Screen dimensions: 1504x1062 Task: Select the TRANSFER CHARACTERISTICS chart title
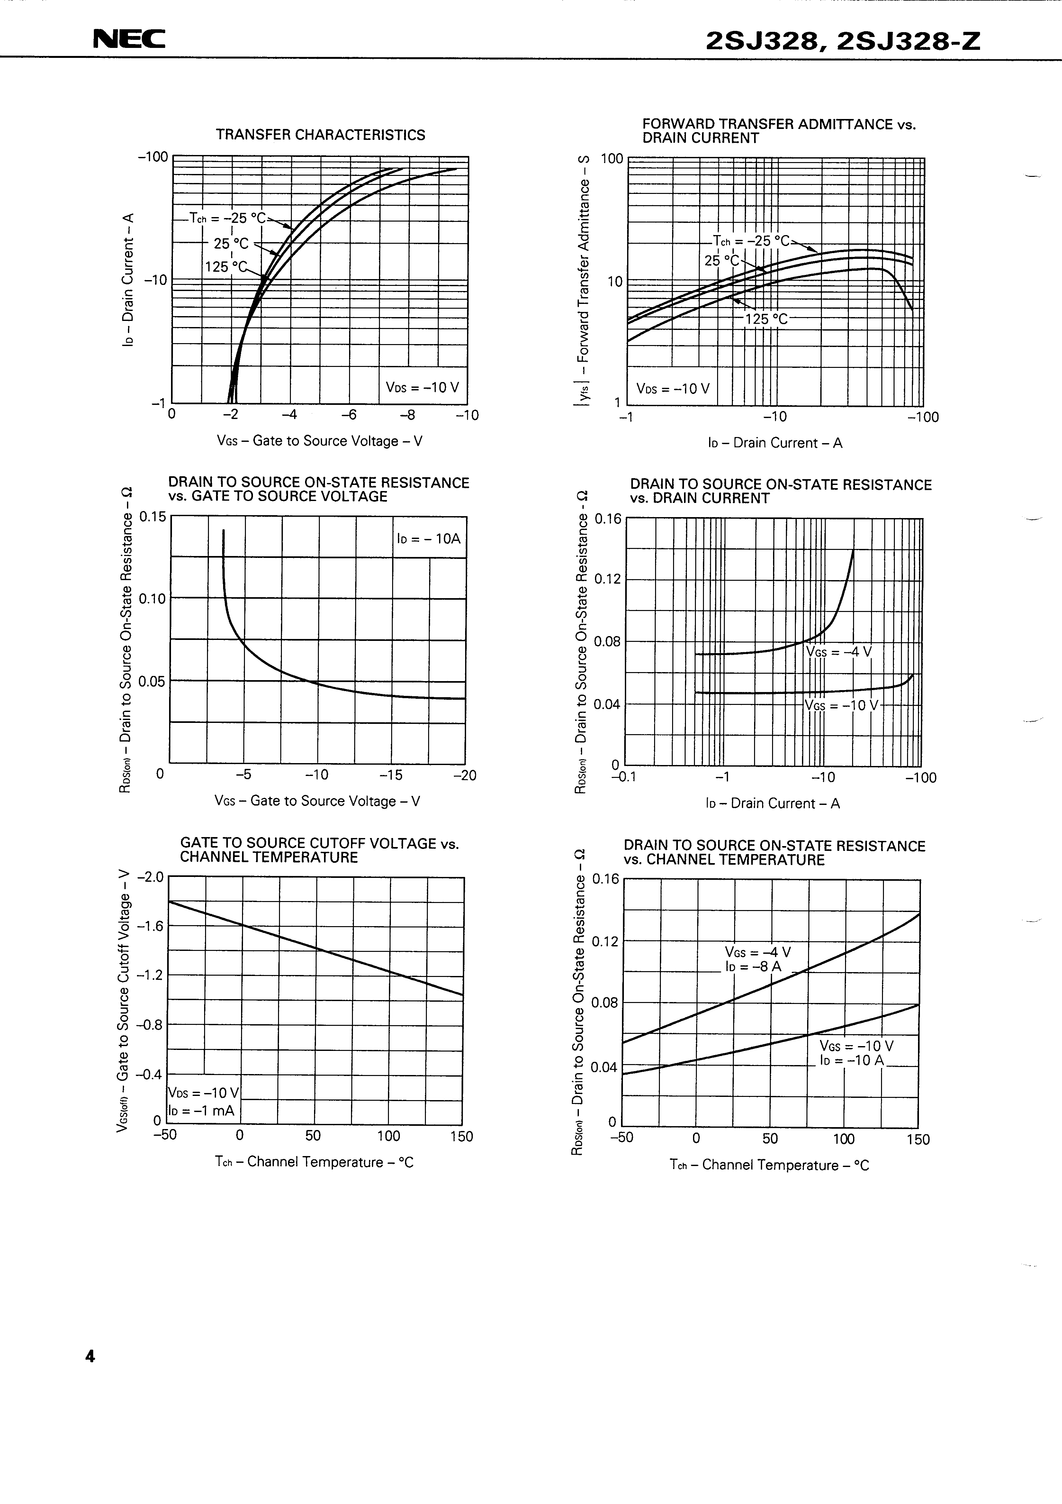[321, 135]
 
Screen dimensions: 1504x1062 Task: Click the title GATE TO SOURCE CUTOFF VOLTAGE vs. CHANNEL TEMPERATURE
[319, 850]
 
